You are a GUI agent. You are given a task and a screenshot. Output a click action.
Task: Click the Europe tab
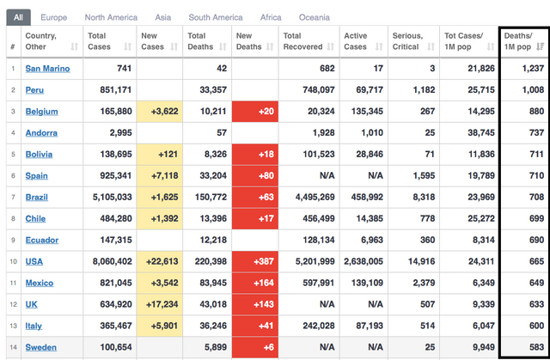(x=53, y=16)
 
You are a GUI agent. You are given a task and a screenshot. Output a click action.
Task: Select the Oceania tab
(x=314, y=16)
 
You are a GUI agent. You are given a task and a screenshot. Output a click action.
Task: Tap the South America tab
(x=216, y=16)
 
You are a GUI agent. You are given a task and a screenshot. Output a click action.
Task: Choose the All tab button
(x=18, y=16)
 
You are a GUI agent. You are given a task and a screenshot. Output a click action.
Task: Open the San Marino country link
(x=47, y=68)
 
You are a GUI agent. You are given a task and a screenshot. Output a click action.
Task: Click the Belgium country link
(x=41, y=111)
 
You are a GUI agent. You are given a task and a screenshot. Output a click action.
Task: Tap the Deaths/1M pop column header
(x=523, y=40)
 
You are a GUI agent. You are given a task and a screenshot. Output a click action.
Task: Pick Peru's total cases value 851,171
(x=109, y=89)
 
